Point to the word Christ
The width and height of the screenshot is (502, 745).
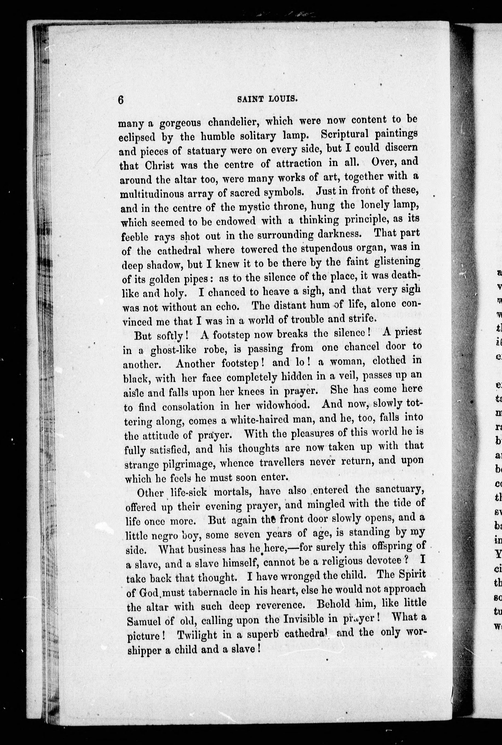(x=159, y=166)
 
